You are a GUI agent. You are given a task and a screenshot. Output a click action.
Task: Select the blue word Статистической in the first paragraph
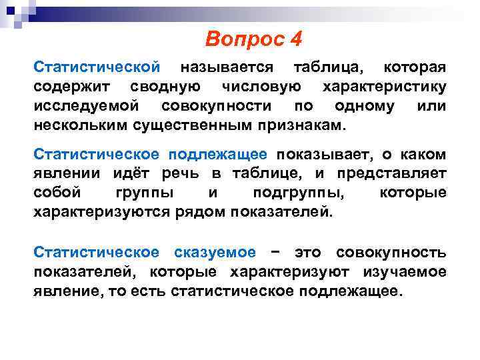(97, 67)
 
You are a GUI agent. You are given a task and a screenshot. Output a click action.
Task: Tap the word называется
(227, 67)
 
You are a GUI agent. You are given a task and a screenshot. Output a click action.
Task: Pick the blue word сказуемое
(214, 253)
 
